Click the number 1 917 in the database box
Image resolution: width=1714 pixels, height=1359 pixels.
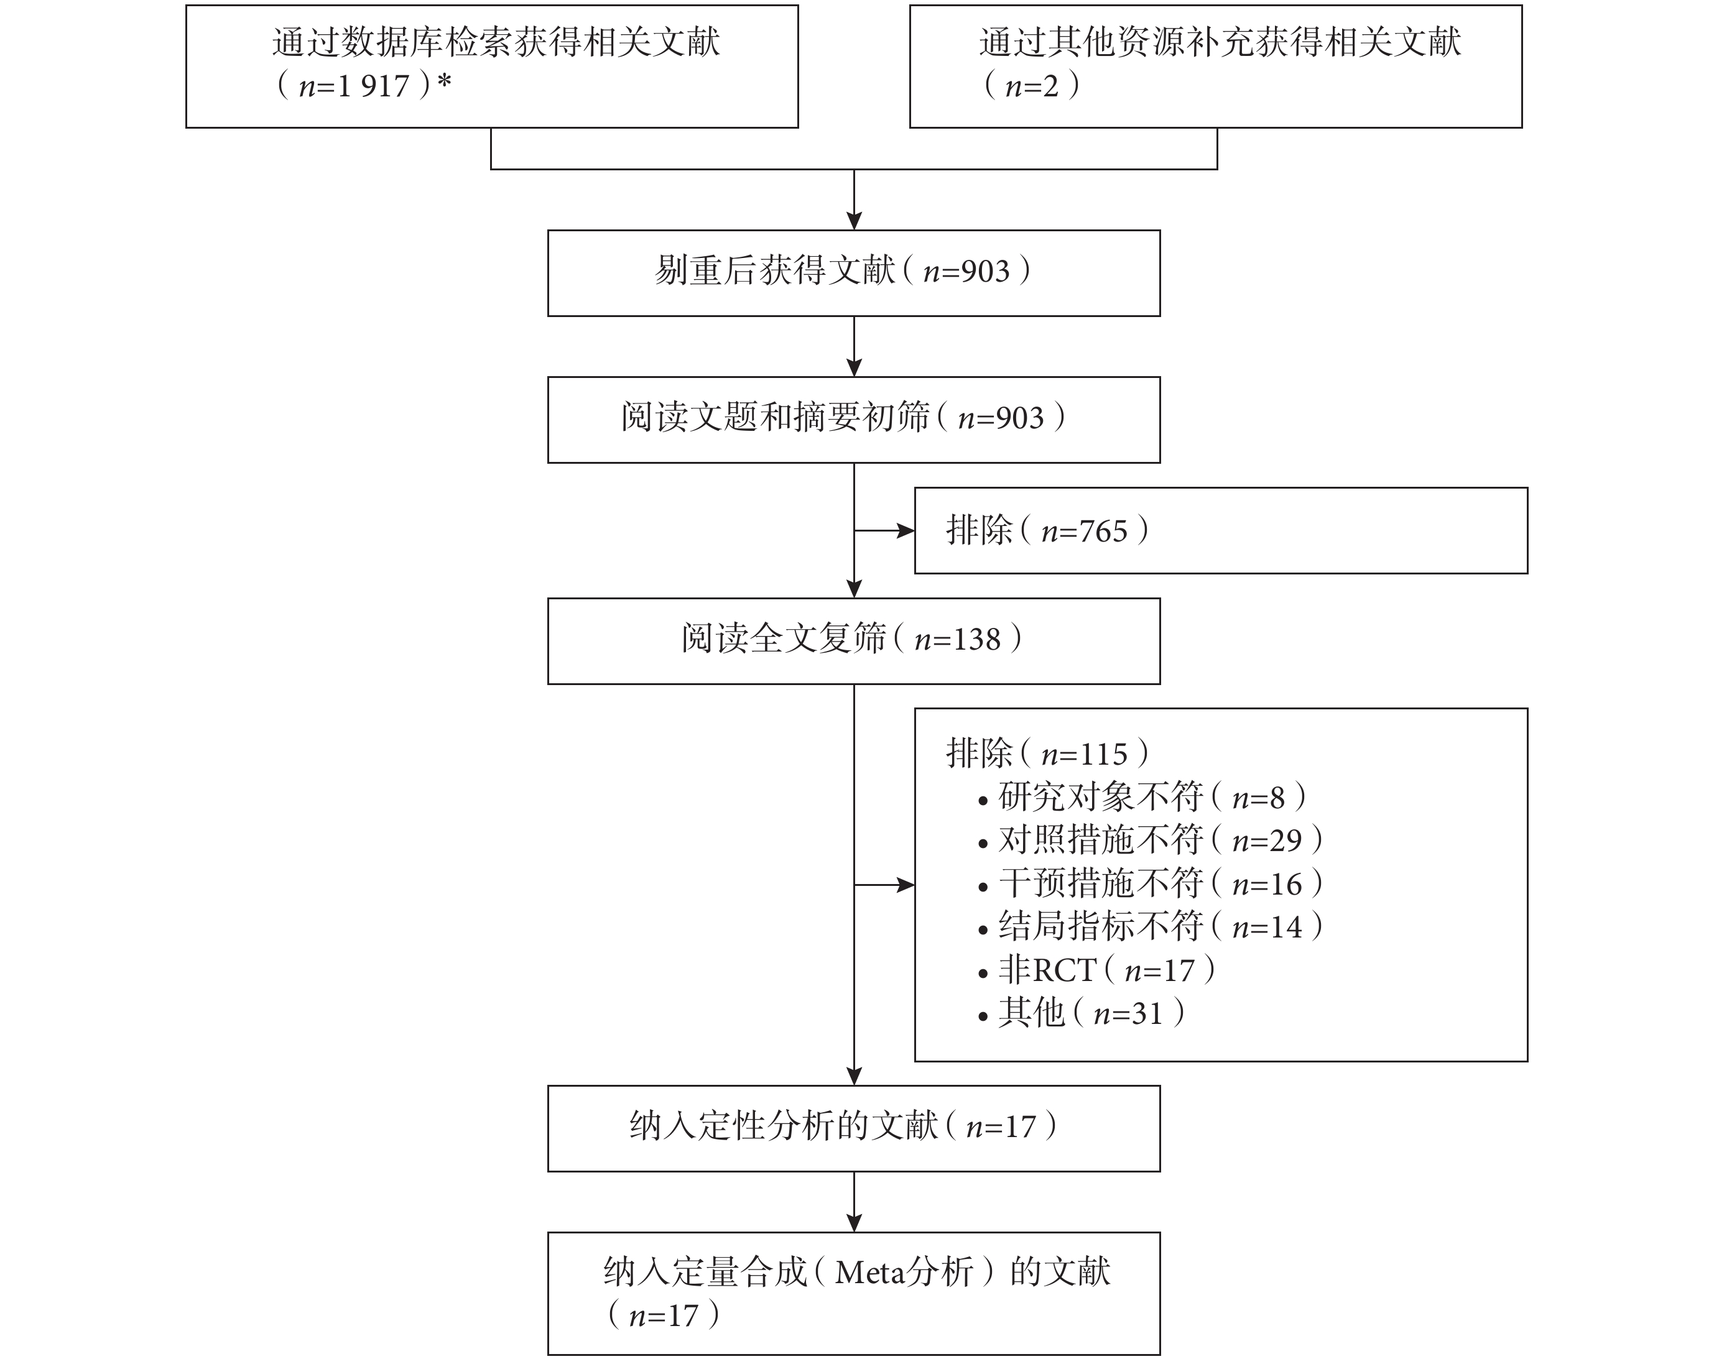pyautogui.click(x=373, y=86)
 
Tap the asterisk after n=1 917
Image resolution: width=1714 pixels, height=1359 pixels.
pyautogui.click(x=443, y=83)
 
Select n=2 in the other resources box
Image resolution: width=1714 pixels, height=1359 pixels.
pyautogui.click(x=1032, y=86)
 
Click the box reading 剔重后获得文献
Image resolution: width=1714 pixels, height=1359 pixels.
pyautogui.click(x=854, y=274)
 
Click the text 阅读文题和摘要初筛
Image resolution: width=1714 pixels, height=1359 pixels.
pyautogui.click(x=775, y=417)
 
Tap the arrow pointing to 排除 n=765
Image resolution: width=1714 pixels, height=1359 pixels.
pyautogui.click(x=884, y=531)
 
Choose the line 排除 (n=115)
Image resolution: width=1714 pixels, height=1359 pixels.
pyautogui.click(x=1047, y=753)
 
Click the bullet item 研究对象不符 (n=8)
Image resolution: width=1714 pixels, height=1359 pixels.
pyautogui.click(x=1142, y=797)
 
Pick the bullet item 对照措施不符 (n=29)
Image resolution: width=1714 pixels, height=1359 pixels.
pyautogui.click(x=1151, y=840)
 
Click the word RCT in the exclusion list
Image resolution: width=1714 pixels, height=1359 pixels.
pyautogui.click(x=1065, y=970)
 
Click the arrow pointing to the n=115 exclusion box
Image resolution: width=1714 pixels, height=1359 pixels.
pyautogui.click(x=884, y=885)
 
